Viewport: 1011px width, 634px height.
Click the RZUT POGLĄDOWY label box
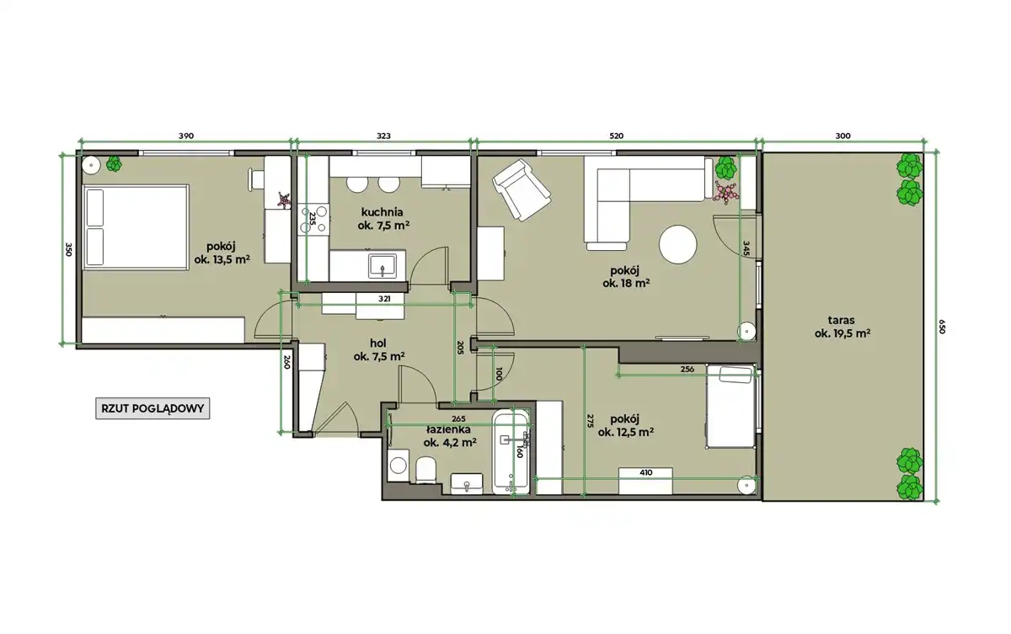(152, 408)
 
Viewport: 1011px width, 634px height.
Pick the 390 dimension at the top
(186, 136)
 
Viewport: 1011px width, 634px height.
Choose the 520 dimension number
(616, 136)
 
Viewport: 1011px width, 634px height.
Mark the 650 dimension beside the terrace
(942, 327)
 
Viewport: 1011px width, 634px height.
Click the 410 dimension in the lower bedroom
(646, 472)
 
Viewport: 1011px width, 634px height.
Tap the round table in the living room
(677, 245)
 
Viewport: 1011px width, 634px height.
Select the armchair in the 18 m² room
(522, 189)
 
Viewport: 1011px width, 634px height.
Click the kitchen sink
(382, 266)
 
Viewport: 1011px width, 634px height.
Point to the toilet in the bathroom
(425, 470)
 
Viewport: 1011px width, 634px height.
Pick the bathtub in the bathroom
(511, 452)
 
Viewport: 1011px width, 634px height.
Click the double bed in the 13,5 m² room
(136, 227)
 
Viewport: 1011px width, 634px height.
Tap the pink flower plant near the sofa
(725, 193)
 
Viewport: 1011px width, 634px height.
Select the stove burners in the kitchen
(313, 219)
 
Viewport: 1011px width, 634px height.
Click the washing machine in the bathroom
(398, 465)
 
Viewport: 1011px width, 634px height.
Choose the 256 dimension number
(687, 370)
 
